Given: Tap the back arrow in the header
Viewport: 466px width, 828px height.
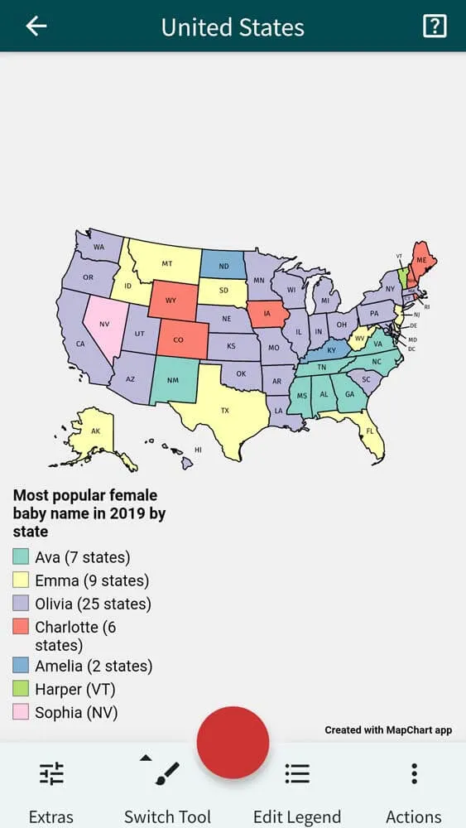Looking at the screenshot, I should (x=36, y=26).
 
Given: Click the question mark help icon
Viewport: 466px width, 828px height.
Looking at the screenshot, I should (x=434, y=26).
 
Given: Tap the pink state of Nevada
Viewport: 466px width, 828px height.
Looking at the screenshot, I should (x=103, y=324).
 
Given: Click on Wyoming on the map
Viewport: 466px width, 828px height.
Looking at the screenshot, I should (x=171, y=300).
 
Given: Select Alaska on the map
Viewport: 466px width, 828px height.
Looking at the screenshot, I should (x=94, y=431).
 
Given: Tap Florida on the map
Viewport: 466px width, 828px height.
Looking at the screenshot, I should (x=368, y=431).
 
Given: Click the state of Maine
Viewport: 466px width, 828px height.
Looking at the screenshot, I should (x=422, y=258).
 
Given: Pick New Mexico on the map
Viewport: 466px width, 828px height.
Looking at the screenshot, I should (x=172, y=380).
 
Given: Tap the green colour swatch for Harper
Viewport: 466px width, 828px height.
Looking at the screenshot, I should (x=22, y=689).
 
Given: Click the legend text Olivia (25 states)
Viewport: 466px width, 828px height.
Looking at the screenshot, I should (x=93, y=604).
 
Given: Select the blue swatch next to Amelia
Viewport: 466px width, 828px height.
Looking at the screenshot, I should (x=22, y=666).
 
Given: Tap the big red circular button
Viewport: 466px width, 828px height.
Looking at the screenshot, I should (x=233, y=743).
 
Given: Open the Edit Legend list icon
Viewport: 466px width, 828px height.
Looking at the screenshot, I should (x=297, y=773).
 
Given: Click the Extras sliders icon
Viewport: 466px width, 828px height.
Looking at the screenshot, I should (x=51, y=773).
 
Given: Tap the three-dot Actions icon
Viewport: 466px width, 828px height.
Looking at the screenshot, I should (x=414, y=773).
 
